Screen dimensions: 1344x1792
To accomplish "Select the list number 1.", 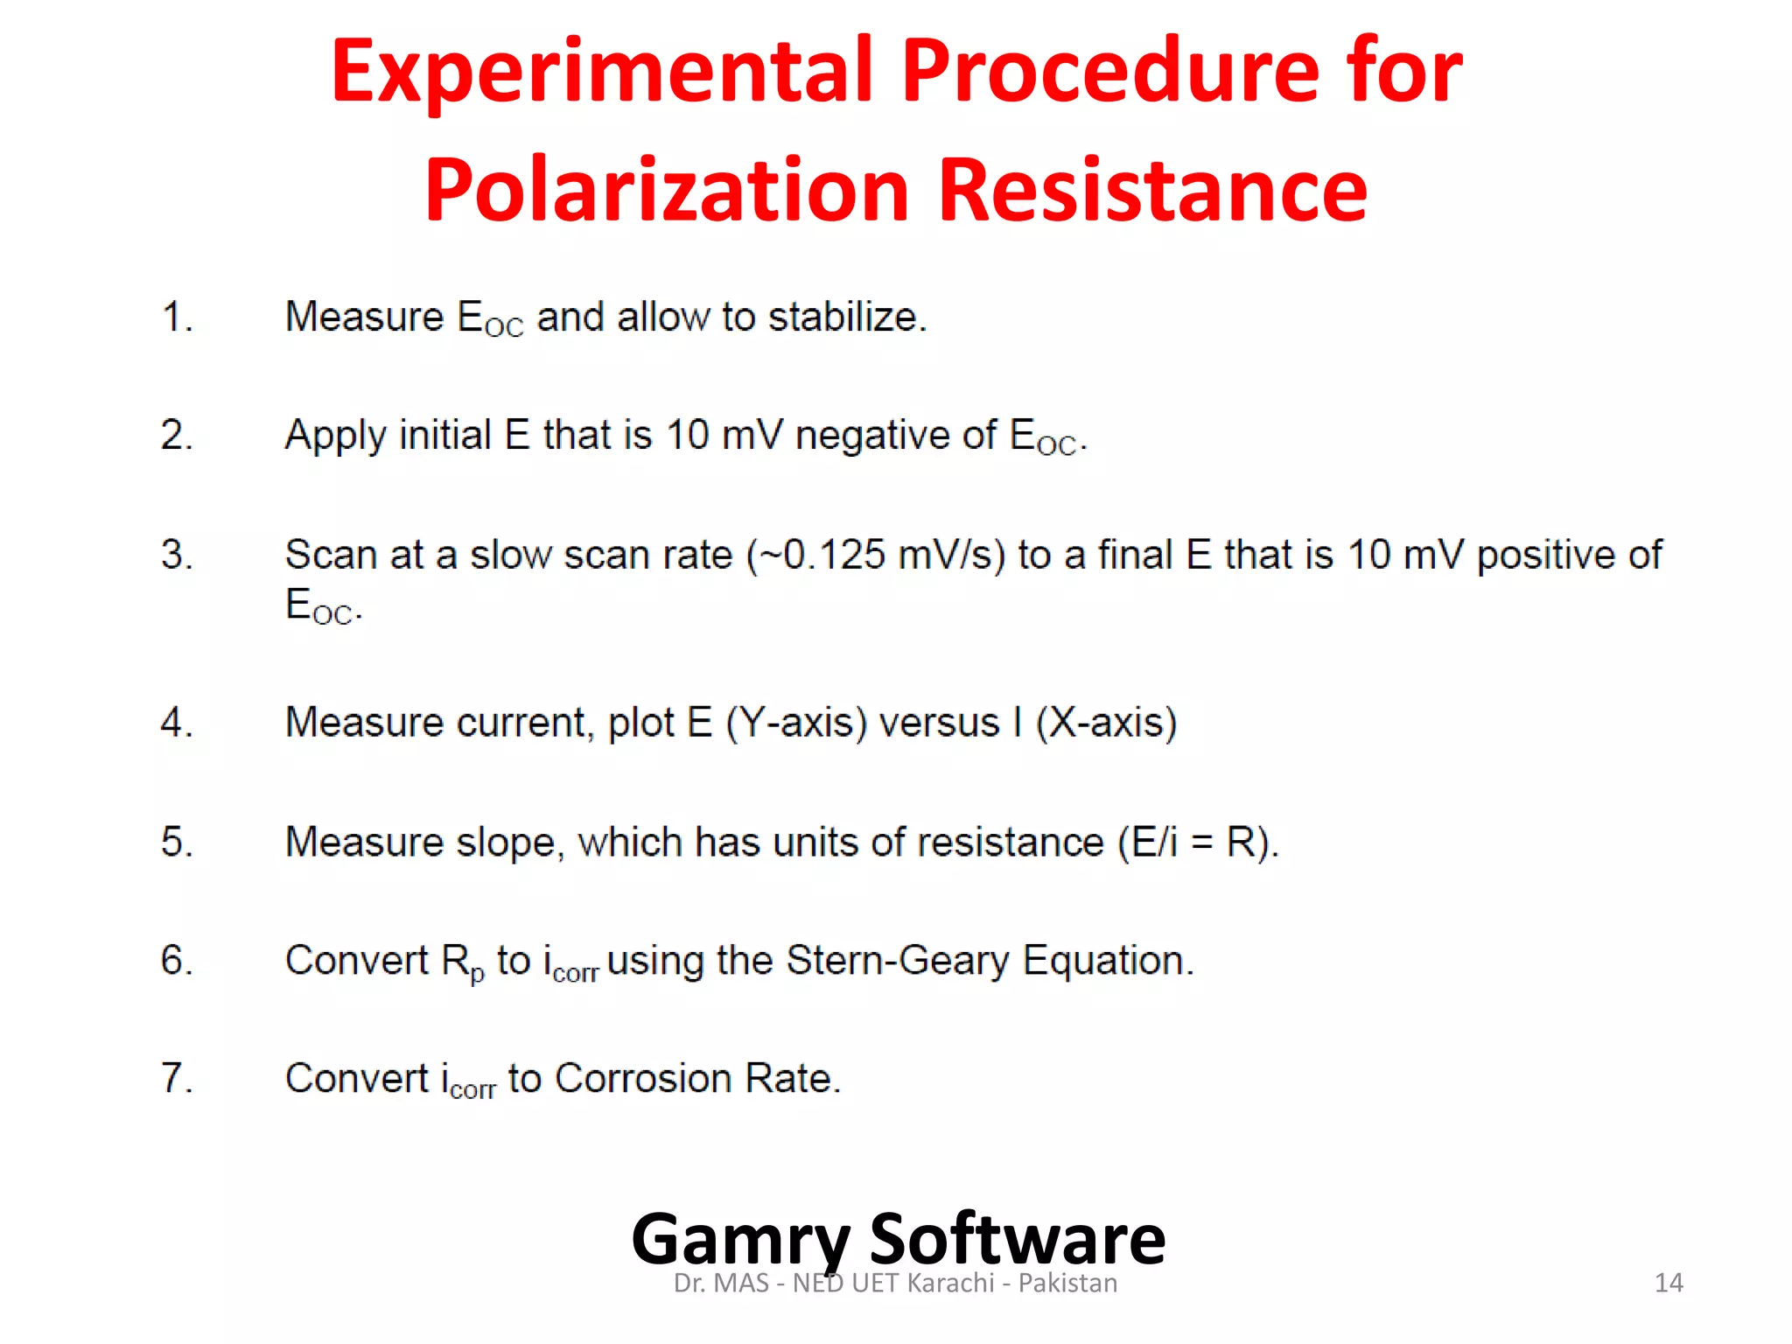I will pos(176,317).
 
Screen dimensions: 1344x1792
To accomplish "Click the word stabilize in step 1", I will pos(845,317).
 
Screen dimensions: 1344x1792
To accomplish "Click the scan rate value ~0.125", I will pos(824,555).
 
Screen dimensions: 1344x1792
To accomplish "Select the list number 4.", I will pos(176,723).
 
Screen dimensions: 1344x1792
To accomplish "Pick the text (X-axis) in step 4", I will pos(1106,723).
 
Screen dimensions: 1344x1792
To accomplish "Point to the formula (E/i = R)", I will pos(1198,843).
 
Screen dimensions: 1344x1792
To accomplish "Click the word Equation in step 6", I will pos(1107,961).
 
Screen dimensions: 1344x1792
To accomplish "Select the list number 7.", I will pos(176,1079).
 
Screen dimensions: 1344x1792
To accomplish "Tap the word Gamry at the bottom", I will pos(740,1240).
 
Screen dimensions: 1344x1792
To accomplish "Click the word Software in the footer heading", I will pos(1017,1240).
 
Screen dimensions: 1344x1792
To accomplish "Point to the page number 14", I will pos(1669,1283).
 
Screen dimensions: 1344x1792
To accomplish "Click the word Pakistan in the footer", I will pos(1067,1283).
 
